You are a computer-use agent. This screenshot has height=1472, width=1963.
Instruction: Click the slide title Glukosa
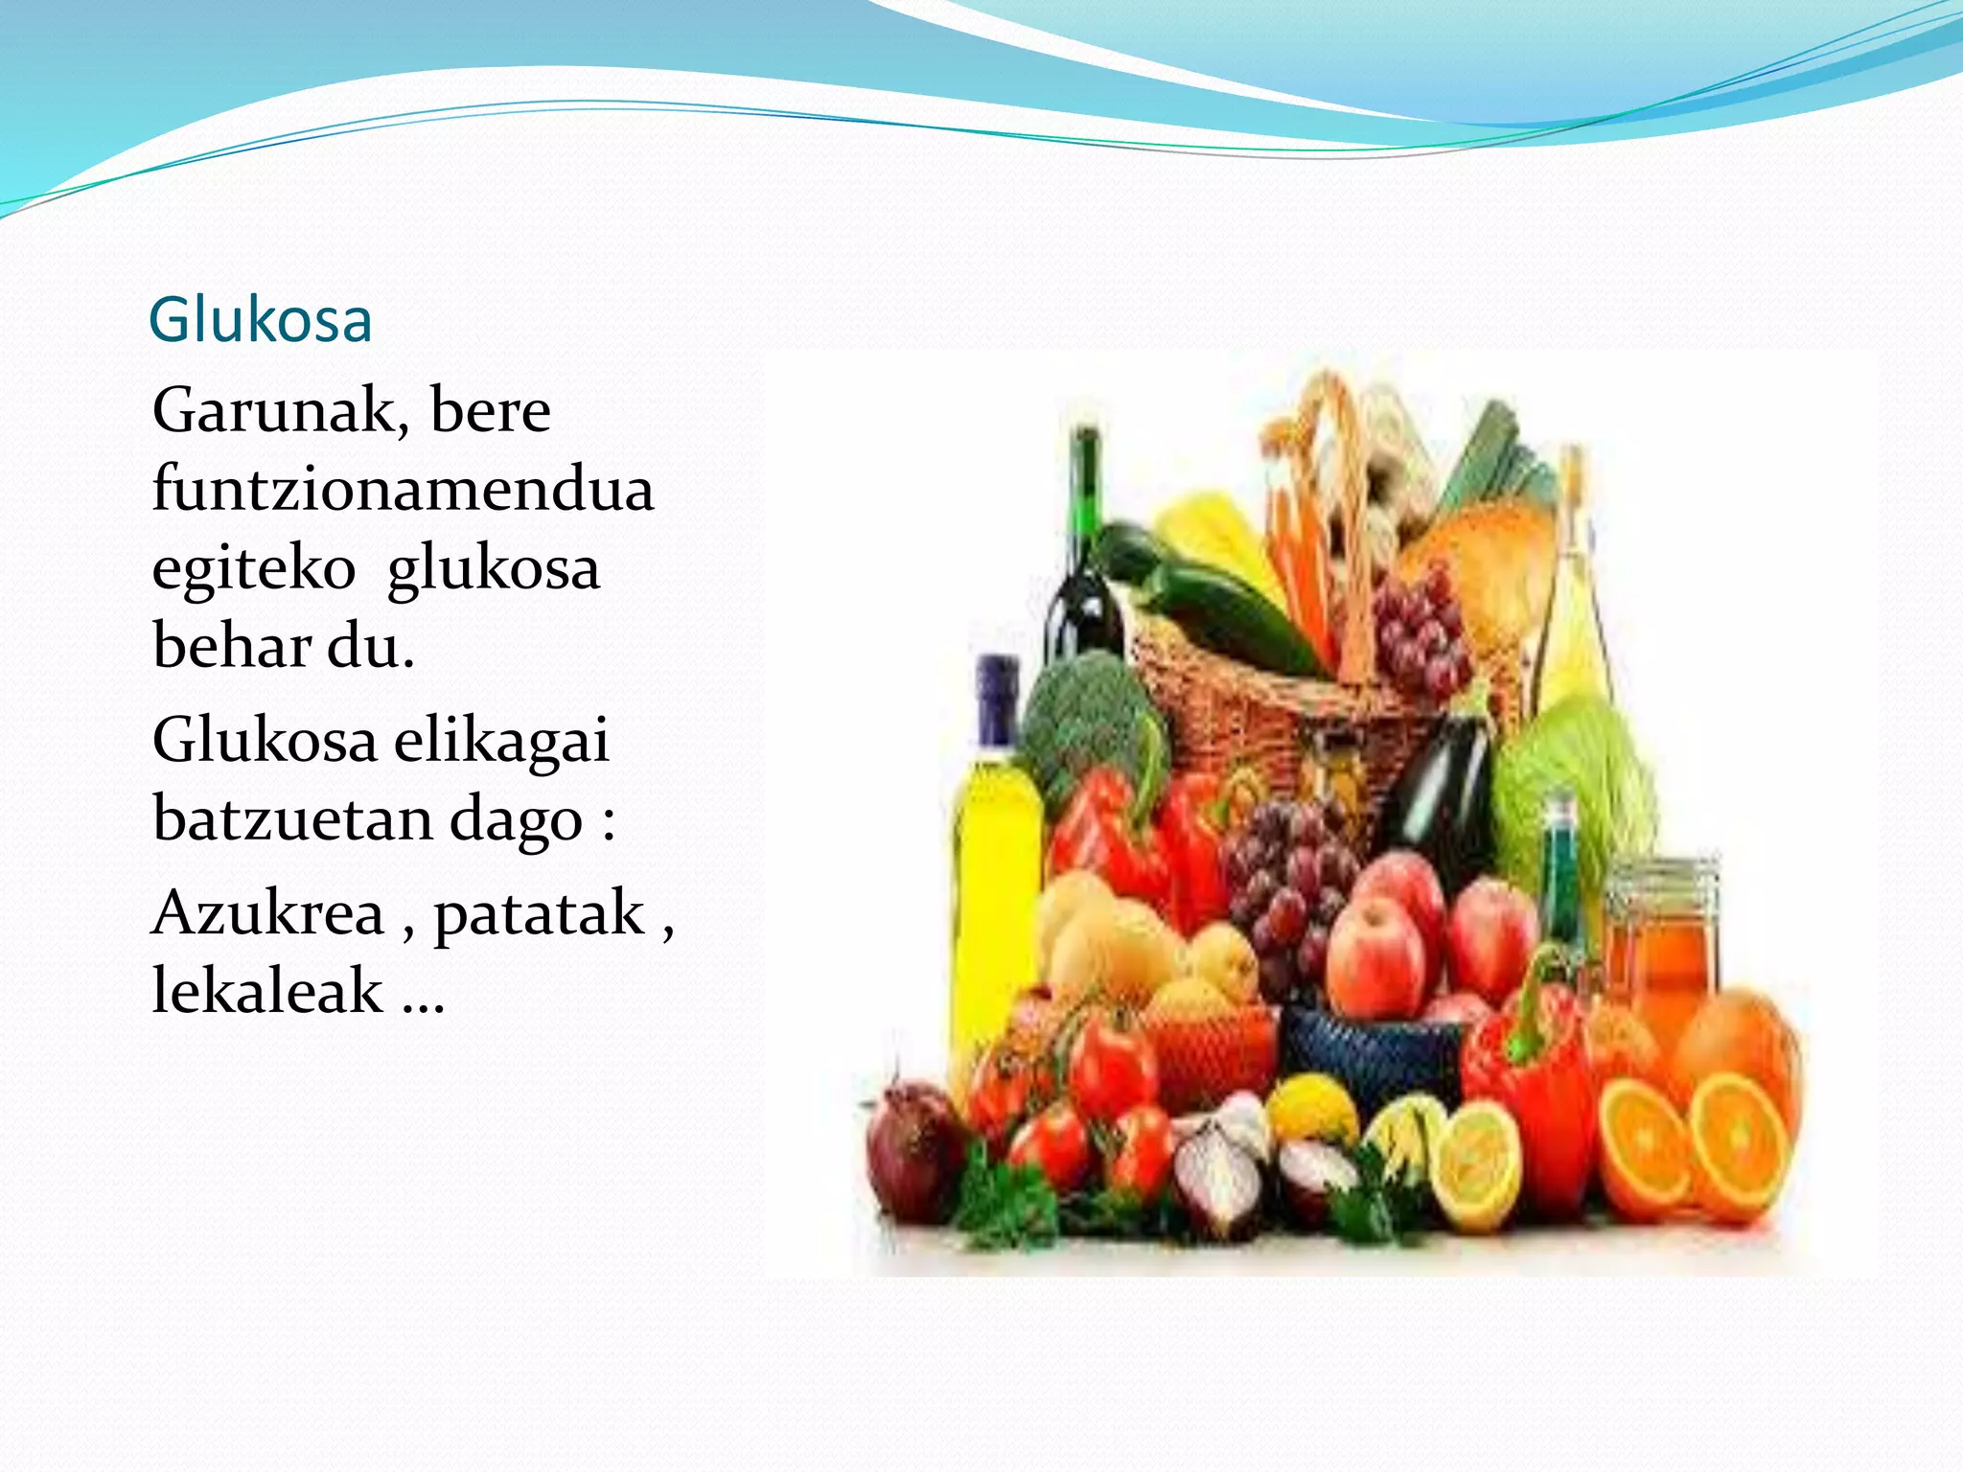260,320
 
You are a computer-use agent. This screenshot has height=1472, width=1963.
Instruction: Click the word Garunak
273,411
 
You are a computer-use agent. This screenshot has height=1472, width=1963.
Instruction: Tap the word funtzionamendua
403,489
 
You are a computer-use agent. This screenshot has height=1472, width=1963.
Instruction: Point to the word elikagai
501,741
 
